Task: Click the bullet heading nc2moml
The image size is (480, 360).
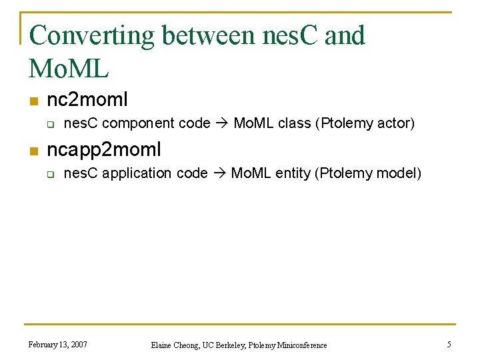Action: click(87, 100)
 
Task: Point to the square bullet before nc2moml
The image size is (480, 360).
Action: click(32, 101)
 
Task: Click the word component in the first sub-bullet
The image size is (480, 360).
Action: click(139, 124)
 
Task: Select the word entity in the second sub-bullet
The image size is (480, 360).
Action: click(295, 174)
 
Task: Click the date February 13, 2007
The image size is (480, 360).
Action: click(57, 345)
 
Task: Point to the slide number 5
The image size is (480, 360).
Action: click(449, 345)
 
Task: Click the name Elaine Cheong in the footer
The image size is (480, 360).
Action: click(174, 345)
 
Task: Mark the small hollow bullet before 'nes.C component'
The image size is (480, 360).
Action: click(49, 125)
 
